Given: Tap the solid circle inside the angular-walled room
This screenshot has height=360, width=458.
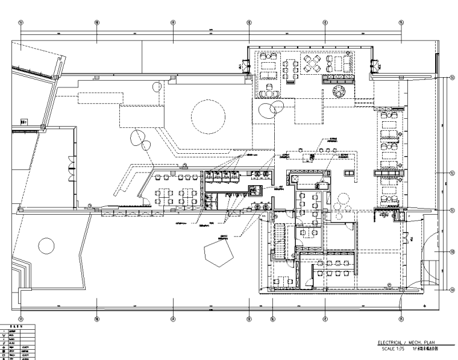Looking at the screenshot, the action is pyautogui.click(x=46, y=245).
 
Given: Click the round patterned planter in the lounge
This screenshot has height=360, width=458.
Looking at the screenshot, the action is pyautogui.click(x=340, y=92).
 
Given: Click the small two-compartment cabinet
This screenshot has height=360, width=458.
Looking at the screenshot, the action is pyautogui.click(x=256, y=190).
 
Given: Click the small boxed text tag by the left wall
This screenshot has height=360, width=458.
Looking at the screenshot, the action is pyautogui.click(x=24, y=121).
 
